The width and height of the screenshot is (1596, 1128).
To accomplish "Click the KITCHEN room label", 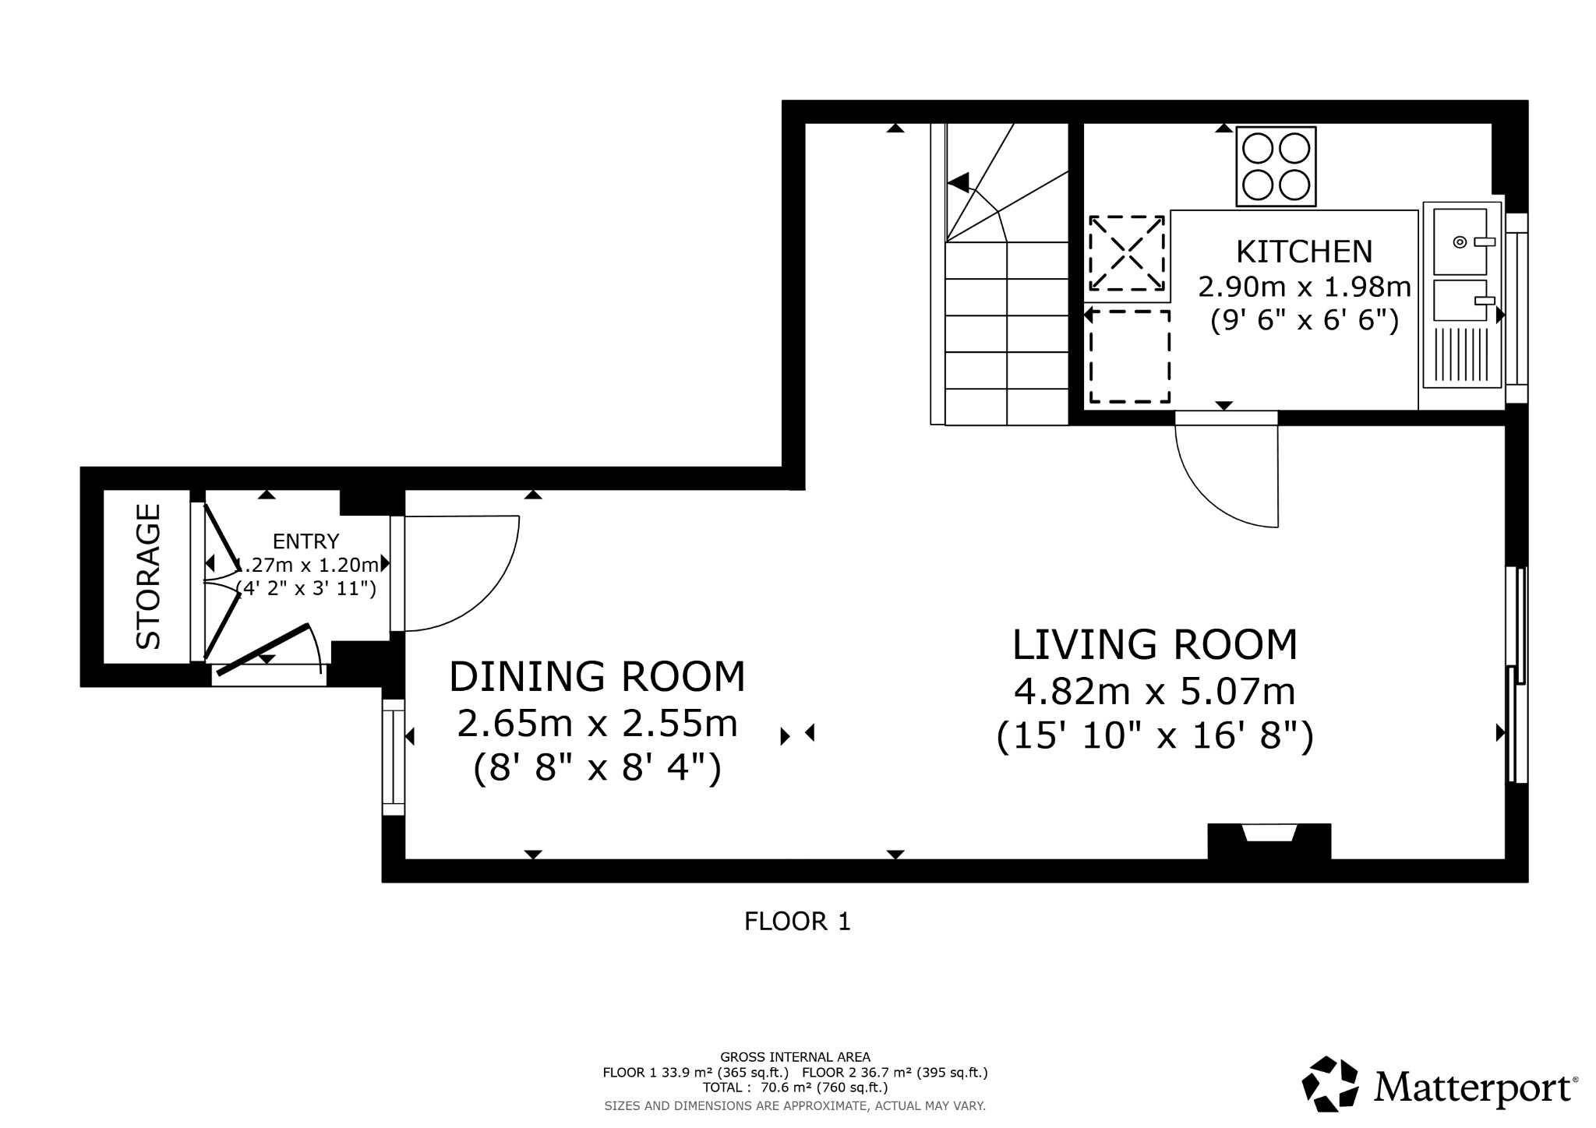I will click(1304, 252).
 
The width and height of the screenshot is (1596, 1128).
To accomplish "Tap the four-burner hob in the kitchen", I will click(1276, 167).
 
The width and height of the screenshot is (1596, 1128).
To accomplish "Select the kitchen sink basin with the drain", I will click(1460, 241).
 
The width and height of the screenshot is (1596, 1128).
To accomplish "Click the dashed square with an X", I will click(1127, 252).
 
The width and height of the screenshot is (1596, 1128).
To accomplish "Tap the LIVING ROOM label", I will click(1155, 645).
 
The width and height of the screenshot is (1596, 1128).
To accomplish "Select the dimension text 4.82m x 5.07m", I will click(1155, 691).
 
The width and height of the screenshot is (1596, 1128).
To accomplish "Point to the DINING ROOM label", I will click(597, 676).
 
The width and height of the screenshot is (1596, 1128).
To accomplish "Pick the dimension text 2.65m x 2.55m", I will click(597, 724).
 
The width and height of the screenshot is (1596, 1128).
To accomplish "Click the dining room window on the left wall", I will click(393, 756).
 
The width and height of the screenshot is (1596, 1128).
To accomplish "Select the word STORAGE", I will click(148, 576).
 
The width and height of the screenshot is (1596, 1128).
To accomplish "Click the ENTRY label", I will click(305, 541).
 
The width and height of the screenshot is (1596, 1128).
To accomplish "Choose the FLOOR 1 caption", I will click(797, 922).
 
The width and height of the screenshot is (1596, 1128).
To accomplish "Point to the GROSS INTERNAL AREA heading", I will click(795, 1057).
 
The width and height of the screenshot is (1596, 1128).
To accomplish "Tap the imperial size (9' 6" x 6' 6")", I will click(1305, 320).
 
